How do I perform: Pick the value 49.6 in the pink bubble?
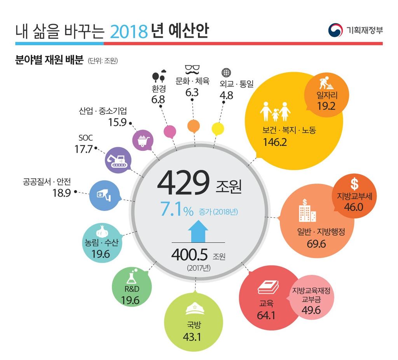tap(311, 310)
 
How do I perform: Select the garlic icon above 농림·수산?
tap(103, 231)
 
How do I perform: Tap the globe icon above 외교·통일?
tap(226, 73)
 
